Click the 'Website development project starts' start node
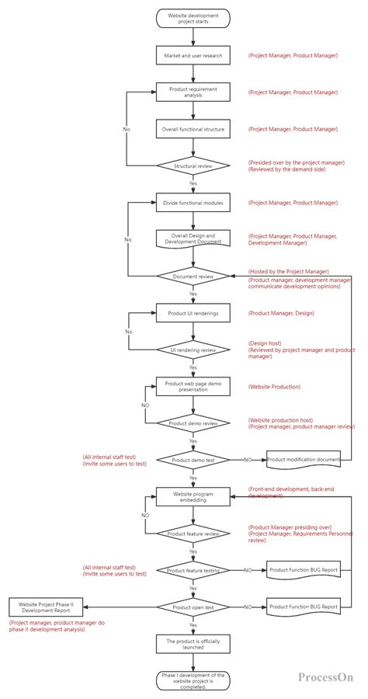[193, 18]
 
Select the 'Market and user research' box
[193, 57]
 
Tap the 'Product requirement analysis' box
[193, 92]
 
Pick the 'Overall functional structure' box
[193, 129]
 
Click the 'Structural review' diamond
[193, 165]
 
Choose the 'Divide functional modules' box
[193, 203]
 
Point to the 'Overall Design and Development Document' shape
[193, 239]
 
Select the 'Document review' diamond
[193, 276]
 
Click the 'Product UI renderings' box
[193, 313]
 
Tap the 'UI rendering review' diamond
[193, 349]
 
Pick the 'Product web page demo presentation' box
[193, 386]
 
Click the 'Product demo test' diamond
[193, 460]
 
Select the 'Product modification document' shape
[304, 460]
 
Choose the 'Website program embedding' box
[193, 496]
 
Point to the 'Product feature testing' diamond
[193, 570]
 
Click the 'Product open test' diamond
[193, 607]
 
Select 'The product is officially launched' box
[193, 644]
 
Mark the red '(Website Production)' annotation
[274, 386]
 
